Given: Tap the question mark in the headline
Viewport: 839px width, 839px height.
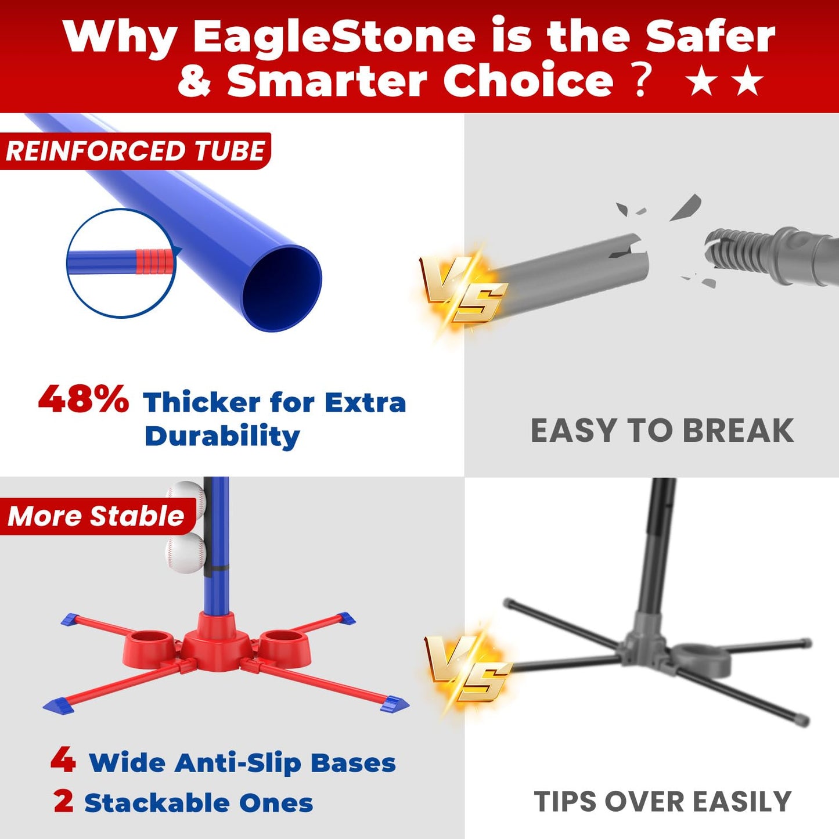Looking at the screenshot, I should [640, 81].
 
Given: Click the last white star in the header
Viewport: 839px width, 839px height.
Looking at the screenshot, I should [748, 81].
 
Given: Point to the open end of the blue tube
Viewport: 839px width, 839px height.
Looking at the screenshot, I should [282, 288].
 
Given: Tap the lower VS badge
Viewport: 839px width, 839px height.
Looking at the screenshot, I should [467, 667].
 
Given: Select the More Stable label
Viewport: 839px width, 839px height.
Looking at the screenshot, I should [96, 516].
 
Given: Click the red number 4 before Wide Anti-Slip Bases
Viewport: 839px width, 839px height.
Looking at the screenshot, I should [63, 760].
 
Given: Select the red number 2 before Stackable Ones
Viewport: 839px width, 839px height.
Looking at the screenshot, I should [63, 802].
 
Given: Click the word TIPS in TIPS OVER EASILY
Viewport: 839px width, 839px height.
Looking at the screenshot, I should [566, 802].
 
